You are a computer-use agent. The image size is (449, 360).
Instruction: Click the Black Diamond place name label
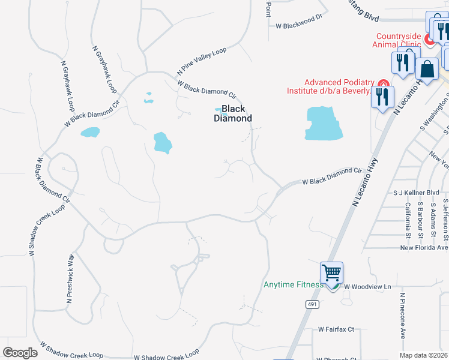[233, 113]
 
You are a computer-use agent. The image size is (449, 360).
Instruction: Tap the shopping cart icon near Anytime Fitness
[331, 273]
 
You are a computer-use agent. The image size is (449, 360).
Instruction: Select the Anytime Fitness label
[294, 284]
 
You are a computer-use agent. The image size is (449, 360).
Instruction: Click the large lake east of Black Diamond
[324, 123]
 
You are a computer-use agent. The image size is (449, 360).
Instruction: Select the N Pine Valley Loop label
[202, 61]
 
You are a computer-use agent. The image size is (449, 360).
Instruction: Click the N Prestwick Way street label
[70, 278]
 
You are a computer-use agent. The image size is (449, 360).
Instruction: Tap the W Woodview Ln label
[367, 287]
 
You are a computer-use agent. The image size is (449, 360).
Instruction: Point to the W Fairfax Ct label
[336, 329]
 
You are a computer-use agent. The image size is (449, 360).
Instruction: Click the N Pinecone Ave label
[402, 315]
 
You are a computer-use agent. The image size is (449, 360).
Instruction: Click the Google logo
[20, 353]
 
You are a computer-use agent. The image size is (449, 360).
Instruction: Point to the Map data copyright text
[424, 355]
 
